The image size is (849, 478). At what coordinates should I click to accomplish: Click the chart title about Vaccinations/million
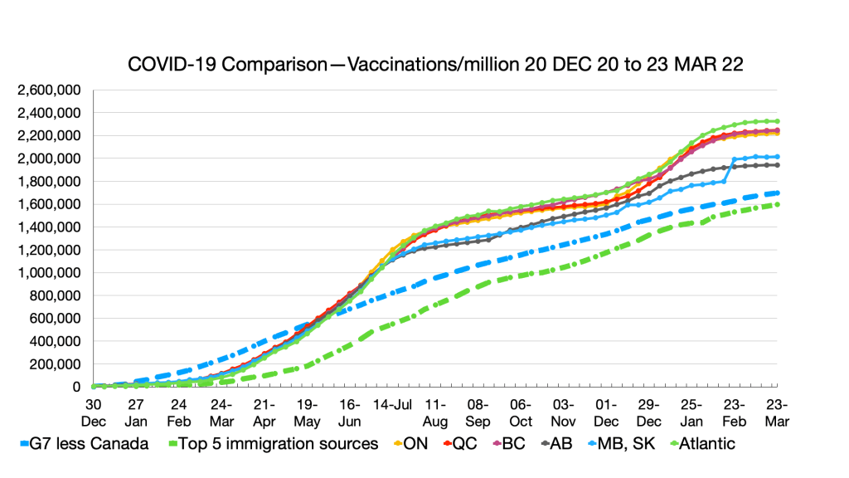point(435,65)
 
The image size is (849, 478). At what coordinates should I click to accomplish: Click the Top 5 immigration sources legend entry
point(273,443)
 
